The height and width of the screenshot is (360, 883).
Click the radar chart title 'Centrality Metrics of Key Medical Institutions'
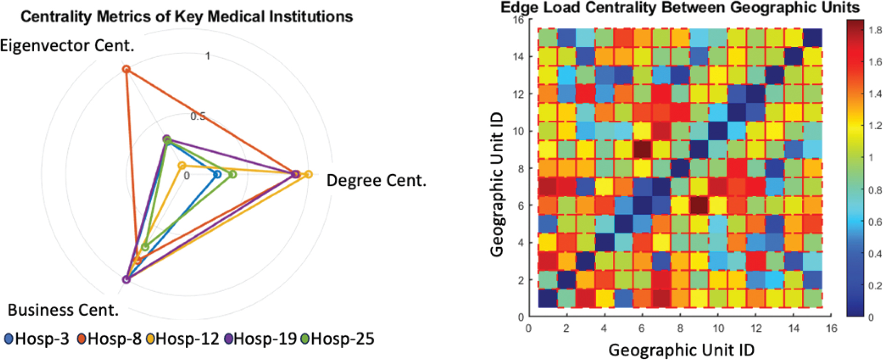tap(186, 17)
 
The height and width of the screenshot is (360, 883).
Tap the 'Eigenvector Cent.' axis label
tap(67, 46)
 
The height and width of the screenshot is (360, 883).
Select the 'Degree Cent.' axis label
tap(376, 181)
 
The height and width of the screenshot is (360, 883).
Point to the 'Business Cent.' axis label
tap(63, 310)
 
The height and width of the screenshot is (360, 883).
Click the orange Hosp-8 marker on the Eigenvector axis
tap(126, 69)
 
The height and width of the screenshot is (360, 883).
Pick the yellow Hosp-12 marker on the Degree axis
tap(308, 175)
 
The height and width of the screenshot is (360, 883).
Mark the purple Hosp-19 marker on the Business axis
tap(126, 279)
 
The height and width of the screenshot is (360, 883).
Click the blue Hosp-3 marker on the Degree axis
tap(217, 175)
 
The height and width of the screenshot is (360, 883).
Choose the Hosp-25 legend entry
tap(338, 339)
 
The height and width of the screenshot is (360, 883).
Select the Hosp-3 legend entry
tap(37, 339)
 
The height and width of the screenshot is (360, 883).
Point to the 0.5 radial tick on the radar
tap(197, 116)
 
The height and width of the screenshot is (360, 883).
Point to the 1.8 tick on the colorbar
tap(875, 30)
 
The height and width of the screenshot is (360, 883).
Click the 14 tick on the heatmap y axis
tap(518, 57)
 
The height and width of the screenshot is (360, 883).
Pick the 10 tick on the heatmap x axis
tap(718, 328)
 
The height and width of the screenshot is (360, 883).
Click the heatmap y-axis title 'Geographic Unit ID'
tap(496, 184)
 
